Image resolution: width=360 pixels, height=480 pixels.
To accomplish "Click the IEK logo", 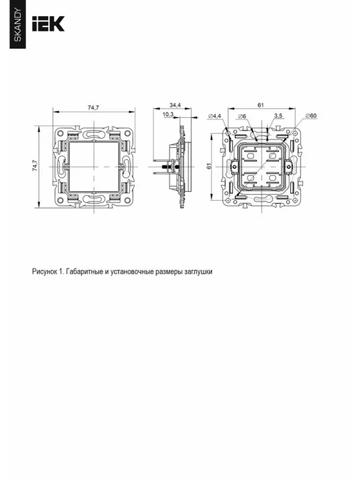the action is point(48,24).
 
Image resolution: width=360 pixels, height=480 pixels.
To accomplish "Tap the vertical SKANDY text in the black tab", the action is point(18,25).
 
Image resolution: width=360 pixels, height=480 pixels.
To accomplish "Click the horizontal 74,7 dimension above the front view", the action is point(93,107).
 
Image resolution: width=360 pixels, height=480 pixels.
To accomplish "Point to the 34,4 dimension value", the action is point(175,105).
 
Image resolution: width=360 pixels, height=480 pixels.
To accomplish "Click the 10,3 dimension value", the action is point(167,114).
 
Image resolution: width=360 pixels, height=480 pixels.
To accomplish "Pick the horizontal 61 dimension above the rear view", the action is point(260,105).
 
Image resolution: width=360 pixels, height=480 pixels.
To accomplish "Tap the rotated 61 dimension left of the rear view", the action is point(209,166).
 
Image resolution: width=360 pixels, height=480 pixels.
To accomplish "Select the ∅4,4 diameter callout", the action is point(214,116).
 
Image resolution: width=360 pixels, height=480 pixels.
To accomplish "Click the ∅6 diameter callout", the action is point(242,116).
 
